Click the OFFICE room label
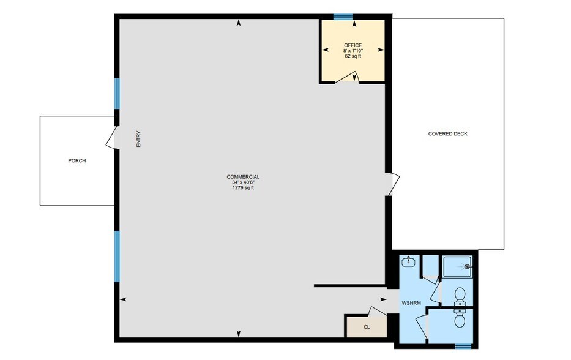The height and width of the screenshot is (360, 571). pyautogui.click(x=353, y=45)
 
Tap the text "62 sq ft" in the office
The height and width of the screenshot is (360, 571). pyautogui.click(x=353, y=56)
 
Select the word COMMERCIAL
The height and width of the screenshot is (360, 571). pyautogui.click(x=242, y=177)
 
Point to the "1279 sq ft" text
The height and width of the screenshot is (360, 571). pyautogui.click(x=242, y=188)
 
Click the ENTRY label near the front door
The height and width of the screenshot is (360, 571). pyautogui.click(x=139, y=139)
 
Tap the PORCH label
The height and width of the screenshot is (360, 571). pyautogui.click(x=77, y=161)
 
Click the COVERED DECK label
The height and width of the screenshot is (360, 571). pyautogui.click(x=447, y=134)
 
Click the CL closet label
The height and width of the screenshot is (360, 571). pyautogui.click(x=367, y=327)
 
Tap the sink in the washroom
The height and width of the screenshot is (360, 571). pyautogui.click(x=409, y=263)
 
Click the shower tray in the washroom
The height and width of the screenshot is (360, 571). pyautogui.click(x=457, y=266)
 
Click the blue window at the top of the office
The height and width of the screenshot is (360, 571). pyautogui.click(x=343, y=17)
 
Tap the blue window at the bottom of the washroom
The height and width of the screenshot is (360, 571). pyautogui.click(x=463, y=346)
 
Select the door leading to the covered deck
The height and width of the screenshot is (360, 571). pyautogui.click(x=393, y=184)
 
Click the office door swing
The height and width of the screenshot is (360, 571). pyautogui.click(x=349, y=77)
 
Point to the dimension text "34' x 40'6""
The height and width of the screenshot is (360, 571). pyautogui.click(x=242, y=182)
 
